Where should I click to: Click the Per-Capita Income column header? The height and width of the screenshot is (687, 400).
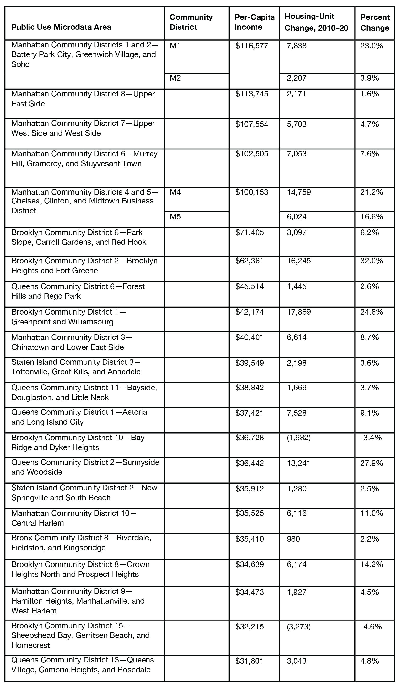pyautogui.click(x=254, y=22)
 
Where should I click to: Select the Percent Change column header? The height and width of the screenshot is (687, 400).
pyautogui.click(x=375, y=23)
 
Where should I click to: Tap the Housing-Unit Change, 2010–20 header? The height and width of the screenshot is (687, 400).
pyautogui.click(x=316, y=22)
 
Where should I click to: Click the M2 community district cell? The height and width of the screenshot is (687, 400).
pyautogui.click(x=175, y=78)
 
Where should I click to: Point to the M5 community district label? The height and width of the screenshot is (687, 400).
pyautogui.click(x=175, y=217)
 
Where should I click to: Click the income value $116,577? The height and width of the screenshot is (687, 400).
pyautogui.click(x=252, y=46)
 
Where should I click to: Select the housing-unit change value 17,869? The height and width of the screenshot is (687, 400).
pyautogui.click(x=299, y=312)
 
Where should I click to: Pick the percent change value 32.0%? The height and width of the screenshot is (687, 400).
pyautogui.click(x=371, y=261)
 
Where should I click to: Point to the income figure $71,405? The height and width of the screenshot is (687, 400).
pyautogui.click(x=250, y=232)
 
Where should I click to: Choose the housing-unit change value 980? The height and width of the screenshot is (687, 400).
pyautogui.click(x=293, y=539)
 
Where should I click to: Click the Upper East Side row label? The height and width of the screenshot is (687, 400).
pyautogui.click(x=83, y=99)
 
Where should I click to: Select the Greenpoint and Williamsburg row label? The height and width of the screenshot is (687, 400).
pyautogui.click(x=68, y=317)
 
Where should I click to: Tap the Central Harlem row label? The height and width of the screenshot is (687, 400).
pyautogui.click(x=74, y=518)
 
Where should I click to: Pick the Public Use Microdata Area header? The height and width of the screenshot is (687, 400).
pyautogui.click(x=61, y=27)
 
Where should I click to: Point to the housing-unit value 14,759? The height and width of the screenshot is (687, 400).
pyautogui.click(x=299, y=192)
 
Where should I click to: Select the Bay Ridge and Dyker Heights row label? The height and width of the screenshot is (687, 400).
pyautogui.click(x=78, y=443)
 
